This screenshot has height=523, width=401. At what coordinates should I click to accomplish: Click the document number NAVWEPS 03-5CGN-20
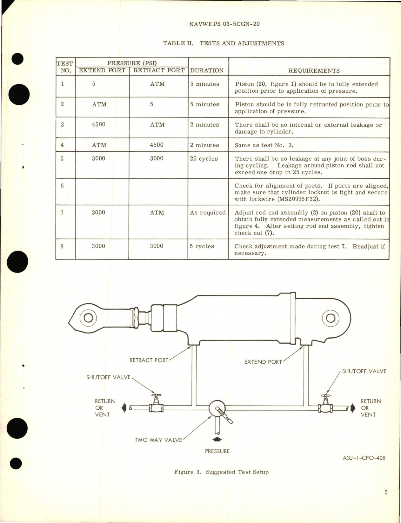224,24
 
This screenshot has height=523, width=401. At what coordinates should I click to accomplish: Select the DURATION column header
207,70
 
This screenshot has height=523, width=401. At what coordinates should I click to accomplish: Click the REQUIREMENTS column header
314,71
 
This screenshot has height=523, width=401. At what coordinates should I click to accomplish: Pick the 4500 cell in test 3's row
98,124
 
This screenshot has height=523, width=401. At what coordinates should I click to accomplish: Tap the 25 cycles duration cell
204,159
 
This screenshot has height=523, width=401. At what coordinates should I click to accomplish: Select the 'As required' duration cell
208,213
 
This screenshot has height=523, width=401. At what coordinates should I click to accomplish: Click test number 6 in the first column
62,186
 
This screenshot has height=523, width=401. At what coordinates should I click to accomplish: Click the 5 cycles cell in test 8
202,246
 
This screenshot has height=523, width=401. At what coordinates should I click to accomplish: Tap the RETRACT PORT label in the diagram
149,360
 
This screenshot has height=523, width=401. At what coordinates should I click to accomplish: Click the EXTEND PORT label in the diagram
263,362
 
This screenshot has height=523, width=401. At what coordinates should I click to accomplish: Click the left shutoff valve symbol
156,405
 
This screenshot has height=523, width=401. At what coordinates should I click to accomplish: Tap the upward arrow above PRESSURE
217,439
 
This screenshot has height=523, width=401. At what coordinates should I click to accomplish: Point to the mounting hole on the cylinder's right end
331,318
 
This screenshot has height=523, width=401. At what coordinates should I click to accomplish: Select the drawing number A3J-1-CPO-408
364,458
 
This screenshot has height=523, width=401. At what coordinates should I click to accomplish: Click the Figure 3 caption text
221,472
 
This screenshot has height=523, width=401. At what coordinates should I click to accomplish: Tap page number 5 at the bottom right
386,493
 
